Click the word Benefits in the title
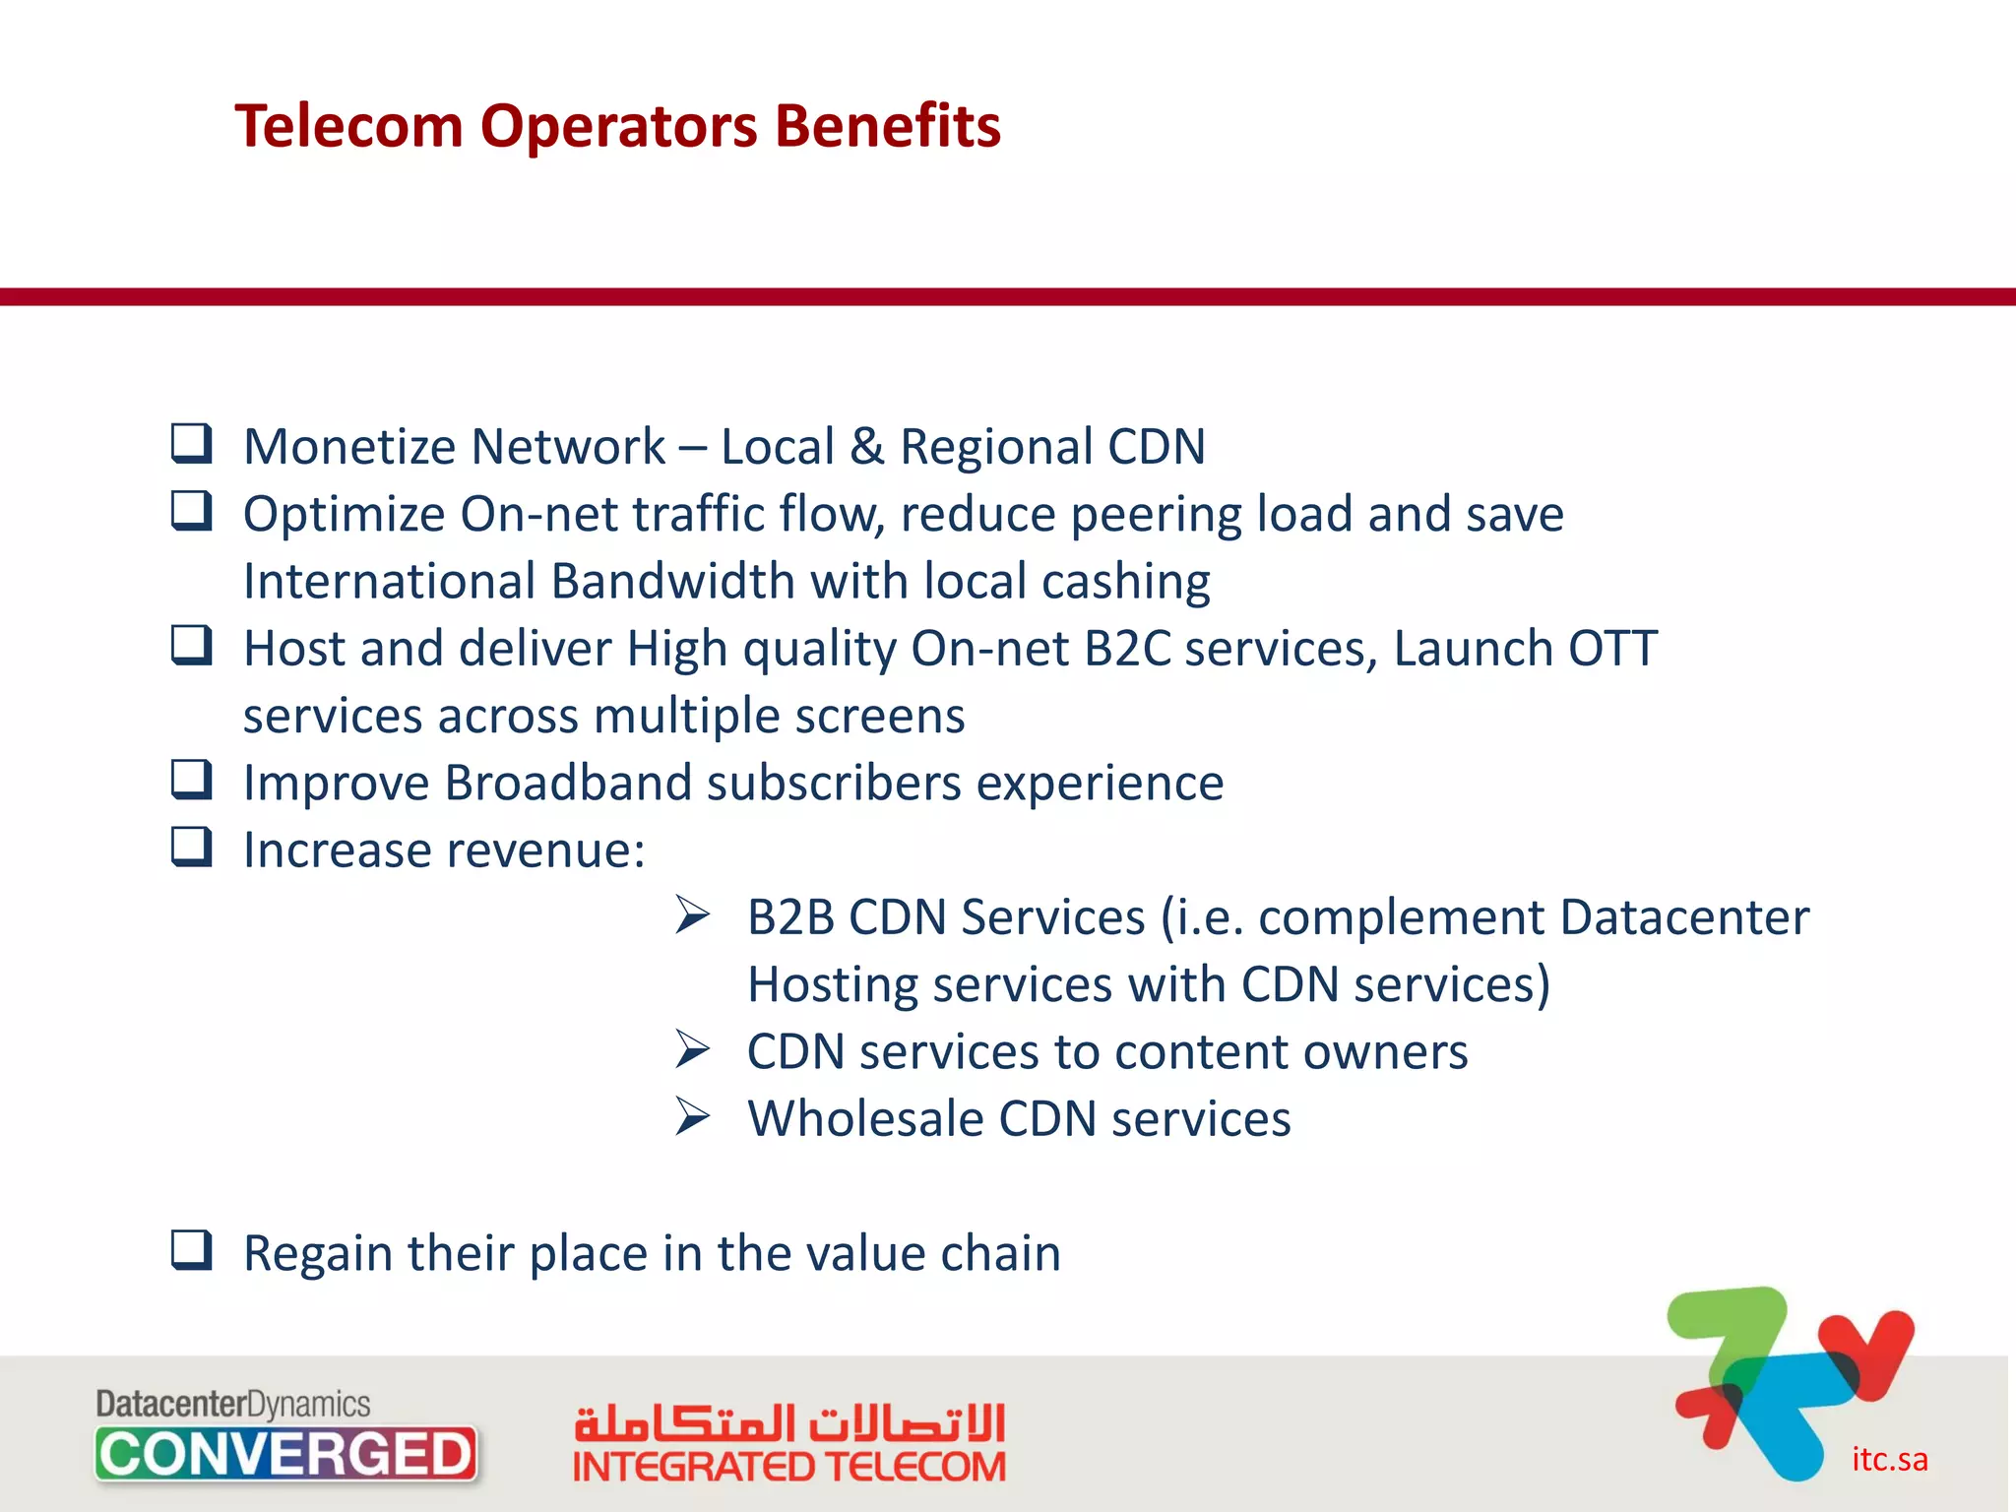tap(887, 126)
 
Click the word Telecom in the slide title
tap(348, 126)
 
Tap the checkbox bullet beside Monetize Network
tap(191, 444)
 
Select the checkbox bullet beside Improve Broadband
tap(191, 780)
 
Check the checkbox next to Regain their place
tap(191, 1250)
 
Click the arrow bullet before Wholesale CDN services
tap(693, 1117)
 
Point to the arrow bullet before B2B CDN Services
tap(693, 915)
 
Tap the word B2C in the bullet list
tap(1127, 649)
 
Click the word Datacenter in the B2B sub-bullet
tap(1683, 917)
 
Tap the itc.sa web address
tap(1889, 1459)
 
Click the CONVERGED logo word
tap(285, 1454)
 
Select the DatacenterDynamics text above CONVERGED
tap(232, 1404)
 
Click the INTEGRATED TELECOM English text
tap(788, 1467)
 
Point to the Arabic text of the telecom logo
tap(788, 1422)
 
